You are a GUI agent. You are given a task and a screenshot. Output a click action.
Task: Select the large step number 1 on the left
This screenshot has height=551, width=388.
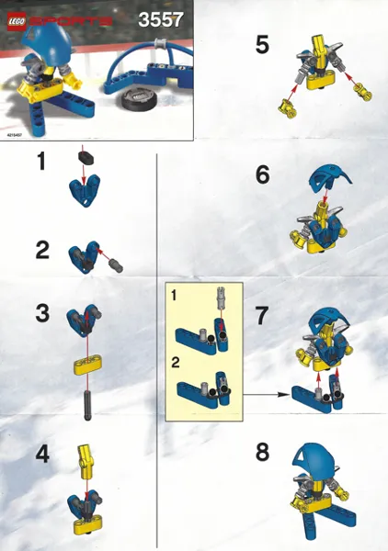tap(40, 163)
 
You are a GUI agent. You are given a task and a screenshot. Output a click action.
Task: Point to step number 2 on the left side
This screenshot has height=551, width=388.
tap(41, 249)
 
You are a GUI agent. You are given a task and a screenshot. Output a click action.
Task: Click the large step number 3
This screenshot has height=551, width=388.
tap(42, 312)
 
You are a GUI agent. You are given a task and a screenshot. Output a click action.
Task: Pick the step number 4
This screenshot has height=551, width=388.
tap(42, 453)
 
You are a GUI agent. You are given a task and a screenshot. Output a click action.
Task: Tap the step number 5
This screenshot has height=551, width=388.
tap(262, 45)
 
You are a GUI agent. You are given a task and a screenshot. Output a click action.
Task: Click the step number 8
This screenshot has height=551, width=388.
tap(263, 454)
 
